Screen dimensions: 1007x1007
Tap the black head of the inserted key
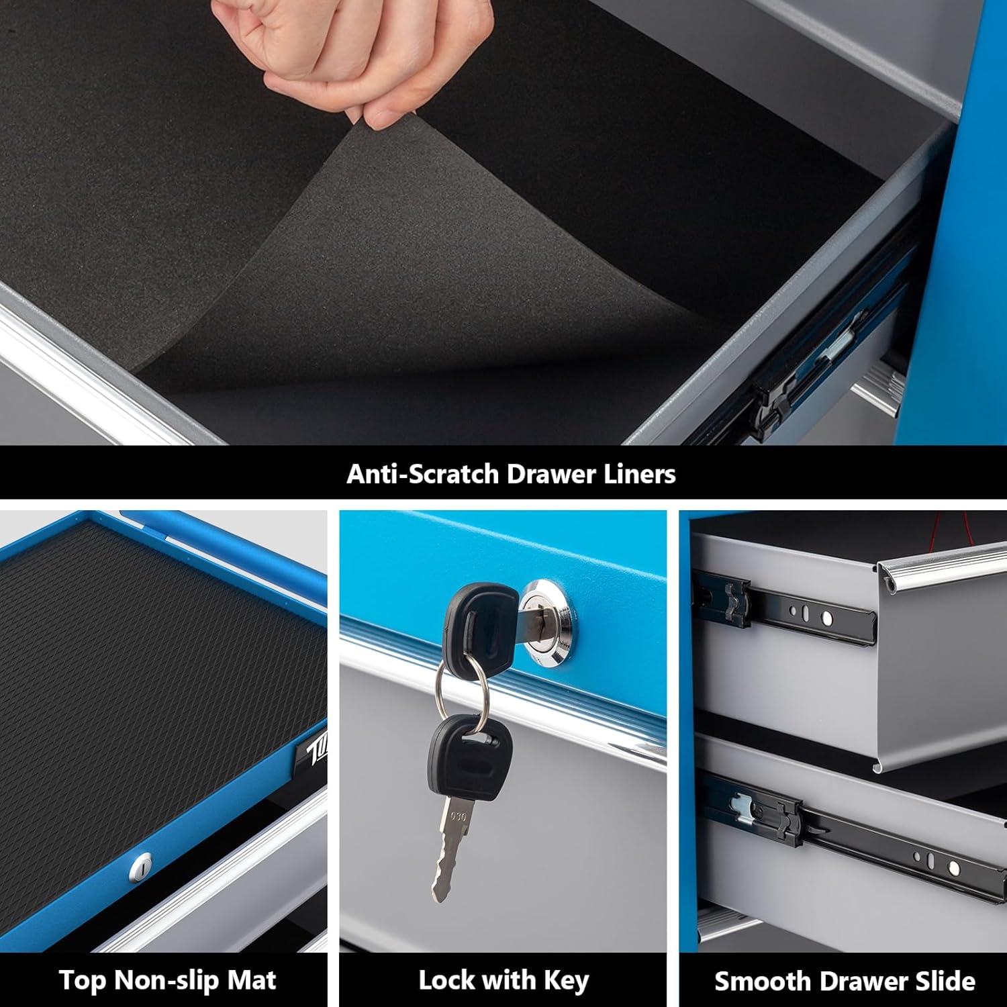pyautogui.click(x=478, y=621)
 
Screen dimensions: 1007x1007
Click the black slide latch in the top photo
pyautogui.click(x=772, y=403)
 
